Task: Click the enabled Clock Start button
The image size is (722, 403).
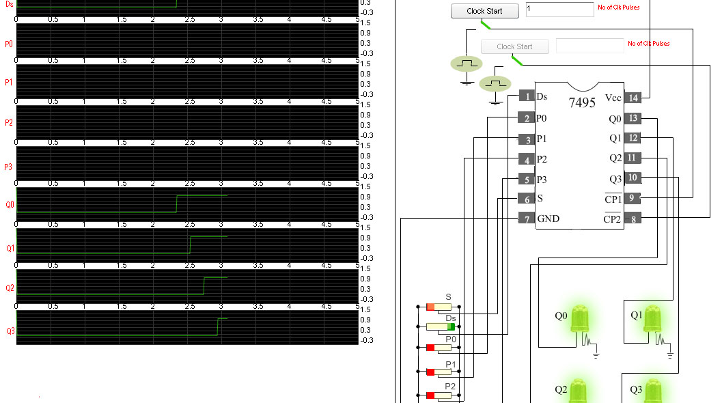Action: (484, 11)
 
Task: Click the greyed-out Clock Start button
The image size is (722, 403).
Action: (514, 46)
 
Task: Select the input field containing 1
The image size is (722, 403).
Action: (559, 10)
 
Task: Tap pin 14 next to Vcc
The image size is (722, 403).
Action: (633, 98)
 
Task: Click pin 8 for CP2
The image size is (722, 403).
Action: (633, 219)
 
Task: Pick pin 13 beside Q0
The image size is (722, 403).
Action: (633, 118)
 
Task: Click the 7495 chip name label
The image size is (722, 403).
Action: (582, 103)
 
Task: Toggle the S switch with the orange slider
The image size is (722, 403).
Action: (441, 307)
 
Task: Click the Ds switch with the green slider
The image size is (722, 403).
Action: (441, 326)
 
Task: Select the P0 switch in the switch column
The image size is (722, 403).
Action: (441, 348)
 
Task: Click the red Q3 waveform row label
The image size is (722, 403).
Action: (10, 331)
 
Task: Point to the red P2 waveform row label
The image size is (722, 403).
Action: (9, 123)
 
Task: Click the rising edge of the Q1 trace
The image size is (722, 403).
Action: (190, 245)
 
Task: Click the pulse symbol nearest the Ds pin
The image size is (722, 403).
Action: (495, 83)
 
